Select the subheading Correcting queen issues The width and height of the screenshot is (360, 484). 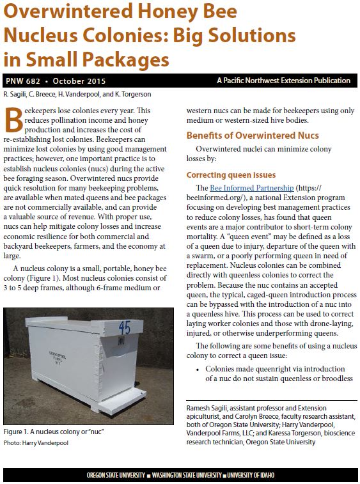(231, 175)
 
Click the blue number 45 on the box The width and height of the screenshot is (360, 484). (125, 329)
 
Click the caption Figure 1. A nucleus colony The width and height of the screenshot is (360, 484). (54, 432)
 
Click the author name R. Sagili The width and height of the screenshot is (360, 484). (17, 95)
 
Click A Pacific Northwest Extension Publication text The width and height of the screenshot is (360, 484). (283, 81)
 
